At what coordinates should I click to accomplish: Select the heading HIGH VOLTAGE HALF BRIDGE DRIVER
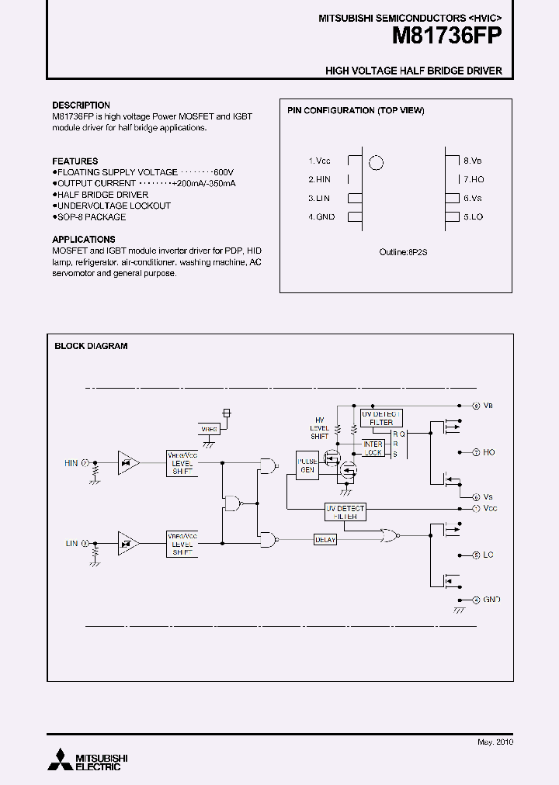tap(413, 71)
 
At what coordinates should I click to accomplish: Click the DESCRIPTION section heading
tap(81, 105)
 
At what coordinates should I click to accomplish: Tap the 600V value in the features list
tap(223, 172)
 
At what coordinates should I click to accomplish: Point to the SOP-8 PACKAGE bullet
tap(90, 217)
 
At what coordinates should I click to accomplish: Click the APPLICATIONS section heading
tap(84, 240)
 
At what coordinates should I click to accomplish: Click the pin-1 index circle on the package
tap(376, 163)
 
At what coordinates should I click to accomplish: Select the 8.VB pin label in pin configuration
tap(473, 161)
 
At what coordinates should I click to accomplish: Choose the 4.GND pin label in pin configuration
tap(321, 217)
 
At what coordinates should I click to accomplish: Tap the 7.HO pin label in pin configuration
tap(474, 179)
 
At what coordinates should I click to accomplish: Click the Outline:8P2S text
tap(404, 252)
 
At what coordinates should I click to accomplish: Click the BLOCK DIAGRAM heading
tap(91, 346)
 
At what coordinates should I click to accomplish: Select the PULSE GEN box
tap(307, 465)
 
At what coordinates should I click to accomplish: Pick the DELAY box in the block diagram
tap(325, 539)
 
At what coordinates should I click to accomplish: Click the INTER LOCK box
tap(373, 448)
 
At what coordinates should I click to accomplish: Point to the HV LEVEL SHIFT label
tap(320, 427)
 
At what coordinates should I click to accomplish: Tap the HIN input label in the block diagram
tap(71, 463)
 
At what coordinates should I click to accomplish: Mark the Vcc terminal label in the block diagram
tap(489, 508)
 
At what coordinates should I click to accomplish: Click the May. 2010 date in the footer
tap(495, 742)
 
